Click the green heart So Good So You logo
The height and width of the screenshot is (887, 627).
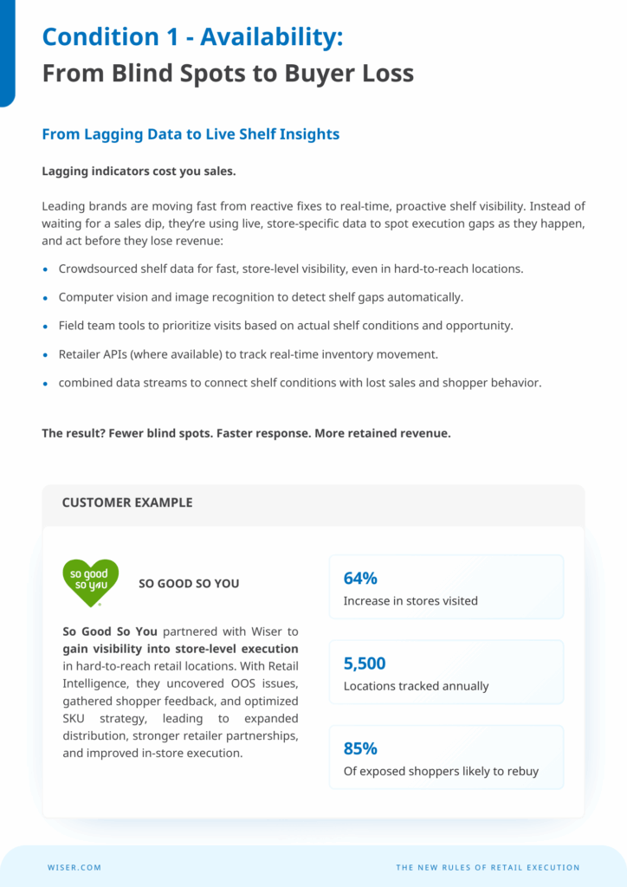pyautogui.click(x=90, y=579)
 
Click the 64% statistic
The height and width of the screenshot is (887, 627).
pyautogui.click(x=360, y=579)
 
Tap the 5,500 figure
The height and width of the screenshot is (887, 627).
pyautogui.click(x=365, y=664)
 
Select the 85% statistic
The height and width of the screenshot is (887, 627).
pyautogui.click(x=360, y=748)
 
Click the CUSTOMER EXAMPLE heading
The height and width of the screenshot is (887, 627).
pyautogui.click(x=127, y=502)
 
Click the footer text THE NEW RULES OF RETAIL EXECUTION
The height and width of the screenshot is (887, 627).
pyautogui.click(x=488, y=867)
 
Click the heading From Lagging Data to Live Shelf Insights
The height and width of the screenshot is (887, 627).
pyautogui.click(x=191, y=134)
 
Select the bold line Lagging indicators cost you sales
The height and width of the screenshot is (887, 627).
pyautogui.click(x=139, y=171)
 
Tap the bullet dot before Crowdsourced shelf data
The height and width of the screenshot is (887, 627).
pyautogui.click(x=46, y=269)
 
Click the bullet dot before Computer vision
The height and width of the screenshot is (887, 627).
pyautogui.click(x=46, y=298)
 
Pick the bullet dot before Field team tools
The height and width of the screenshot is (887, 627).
pyautogui.click(x=46, y=327)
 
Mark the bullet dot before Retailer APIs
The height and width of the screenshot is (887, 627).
pyautogui.click(x=46, y=354)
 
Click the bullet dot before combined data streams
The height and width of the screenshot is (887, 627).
pyautogui.click(x=46, y=383)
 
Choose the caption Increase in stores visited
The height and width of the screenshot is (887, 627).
pyautogui.click(x=410, y=601)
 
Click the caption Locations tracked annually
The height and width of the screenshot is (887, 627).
pyautogui.click(x=416, y=686)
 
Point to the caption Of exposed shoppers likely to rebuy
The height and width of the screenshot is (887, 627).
pyautogui.click(x=441, y=771)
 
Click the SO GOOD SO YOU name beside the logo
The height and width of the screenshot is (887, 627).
pyautogui.click(x=189, y=584)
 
